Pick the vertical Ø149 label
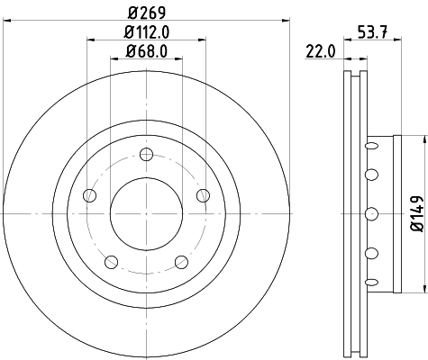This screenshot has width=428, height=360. point(416,213)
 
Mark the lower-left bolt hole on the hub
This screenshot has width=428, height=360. point(111,261)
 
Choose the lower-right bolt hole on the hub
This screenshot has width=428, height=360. point(180,261)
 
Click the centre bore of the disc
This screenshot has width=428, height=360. point(145,213)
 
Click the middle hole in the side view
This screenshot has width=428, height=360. point(370,213)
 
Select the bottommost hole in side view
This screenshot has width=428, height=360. point(370,286)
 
